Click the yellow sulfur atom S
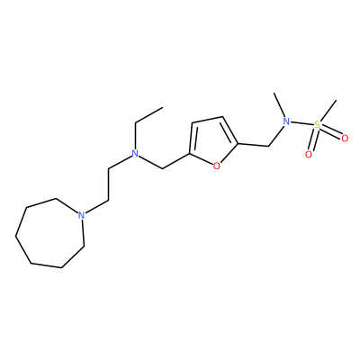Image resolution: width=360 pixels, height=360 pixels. (317, 124)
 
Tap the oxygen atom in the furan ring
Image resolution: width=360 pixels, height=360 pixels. (217, 166)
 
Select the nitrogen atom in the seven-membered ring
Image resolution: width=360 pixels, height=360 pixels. (80, 215)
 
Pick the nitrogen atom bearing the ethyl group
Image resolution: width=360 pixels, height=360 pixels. (136, 154)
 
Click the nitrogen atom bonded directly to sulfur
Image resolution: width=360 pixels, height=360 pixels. (287, 121)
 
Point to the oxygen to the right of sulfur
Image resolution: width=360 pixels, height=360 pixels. (345, 139)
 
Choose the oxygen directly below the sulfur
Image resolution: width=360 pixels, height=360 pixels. (308, 155)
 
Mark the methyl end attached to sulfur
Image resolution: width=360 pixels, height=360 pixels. (336, 101)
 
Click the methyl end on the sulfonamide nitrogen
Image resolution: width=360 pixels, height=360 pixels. (274, 93)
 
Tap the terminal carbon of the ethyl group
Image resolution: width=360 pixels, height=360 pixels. (162, 107)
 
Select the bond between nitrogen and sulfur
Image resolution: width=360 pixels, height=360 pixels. (302, 123)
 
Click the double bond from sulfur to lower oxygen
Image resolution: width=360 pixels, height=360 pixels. (312, 139)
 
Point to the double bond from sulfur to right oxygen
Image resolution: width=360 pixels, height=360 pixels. (331, 131)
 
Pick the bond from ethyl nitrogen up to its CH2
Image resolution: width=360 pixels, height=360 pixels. (136, 136)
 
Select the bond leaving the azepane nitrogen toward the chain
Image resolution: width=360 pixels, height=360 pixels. (96, 207)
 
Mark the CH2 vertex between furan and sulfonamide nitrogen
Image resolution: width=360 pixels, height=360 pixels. (268, 147)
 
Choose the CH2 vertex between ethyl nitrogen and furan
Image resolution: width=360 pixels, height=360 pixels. (162, 168)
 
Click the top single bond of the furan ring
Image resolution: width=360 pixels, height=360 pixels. (207, 120)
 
